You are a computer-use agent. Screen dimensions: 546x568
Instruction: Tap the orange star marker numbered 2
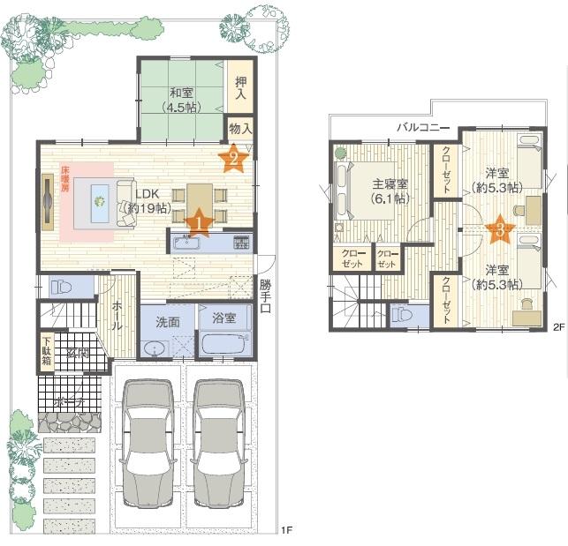click(233, 158)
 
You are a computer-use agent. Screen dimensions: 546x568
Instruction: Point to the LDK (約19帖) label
click(147, 201)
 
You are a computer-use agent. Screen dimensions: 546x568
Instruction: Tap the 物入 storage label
click(241, 129)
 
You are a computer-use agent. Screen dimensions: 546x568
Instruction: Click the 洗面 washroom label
click(168, 322)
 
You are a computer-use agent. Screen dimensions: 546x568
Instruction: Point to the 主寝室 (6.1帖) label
click(390, 191)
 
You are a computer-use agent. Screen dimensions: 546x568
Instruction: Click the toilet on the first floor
click(61, 288)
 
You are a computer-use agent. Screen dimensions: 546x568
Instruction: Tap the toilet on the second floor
click(400, 313)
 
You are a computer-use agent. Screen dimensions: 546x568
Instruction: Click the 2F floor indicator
click(557, 327)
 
